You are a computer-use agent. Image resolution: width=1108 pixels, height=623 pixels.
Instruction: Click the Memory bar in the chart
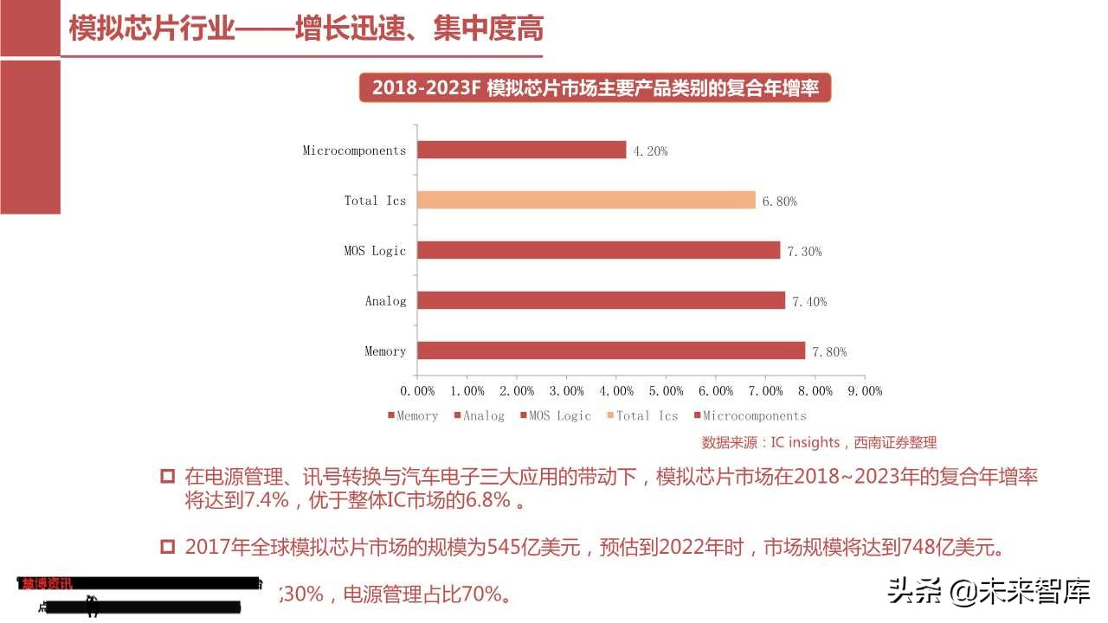pyautogui.click(x=611, y=350)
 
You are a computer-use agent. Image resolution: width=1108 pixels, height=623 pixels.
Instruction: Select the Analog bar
pyautogui.click(x=601, y=300)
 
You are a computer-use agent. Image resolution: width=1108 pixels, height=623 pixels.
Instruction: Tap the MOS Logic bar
pyautogui.click(x=598, y=250)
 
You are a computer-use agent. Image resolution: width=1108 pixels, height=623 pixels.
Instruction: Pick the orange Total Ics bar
pyautogui.click(x=586, y=200)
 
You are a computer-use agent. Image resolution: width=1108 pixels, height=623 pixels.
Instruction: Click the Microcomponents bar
pyautogui.click(x=521, y=150)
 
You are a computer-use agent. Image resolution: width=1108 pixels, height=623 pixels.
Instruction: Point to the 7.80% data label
pyautogui.click(x=828, y=352)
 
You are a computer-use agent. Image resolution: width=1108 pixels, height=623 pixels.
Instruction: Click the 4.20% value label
pyautogui.click(x=650, y=151)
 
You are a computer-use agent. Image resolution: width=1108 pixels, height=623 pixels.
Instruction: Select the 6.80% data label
pyautogui.click(x=779, y=202)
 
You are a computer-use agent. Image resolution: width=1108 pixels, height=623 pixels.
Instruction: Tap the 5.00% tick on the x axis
pyautogui.click(x=666, y=391)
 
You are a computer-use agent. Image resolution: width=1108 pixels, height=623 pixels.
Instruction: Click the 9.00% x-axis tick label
pyautogui.click(x=864, y=391)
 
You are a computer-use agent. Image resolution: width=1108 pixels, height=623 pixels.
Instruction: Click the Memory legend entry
pyautogui.click(x=413, y=416)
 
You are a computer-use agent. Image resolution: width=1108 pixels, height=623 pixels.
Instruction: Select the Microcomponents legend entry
pyautogui.click(x=750, y=416)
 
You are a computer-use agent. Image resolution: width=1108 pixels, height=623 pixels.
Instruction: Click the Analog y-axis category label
pyautogui.click(x=385, y=301)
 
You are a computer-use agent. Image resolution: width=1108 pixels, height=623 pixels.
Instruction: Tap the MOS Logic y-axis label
pyautogui.click(x=375, y=251)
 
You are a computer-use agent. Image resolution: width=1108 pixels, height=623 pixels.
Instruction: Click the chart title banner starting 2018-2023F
pyautogui.click(x=595, y=88)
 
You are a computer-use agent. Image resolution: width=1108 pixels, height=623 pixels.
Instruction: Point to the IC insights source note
pyautogui.click(x=819, y=442)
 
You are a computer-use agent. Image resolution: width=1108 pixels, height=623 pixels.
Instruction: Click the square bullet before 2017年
pyautogui.click(x=168, y=547)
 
